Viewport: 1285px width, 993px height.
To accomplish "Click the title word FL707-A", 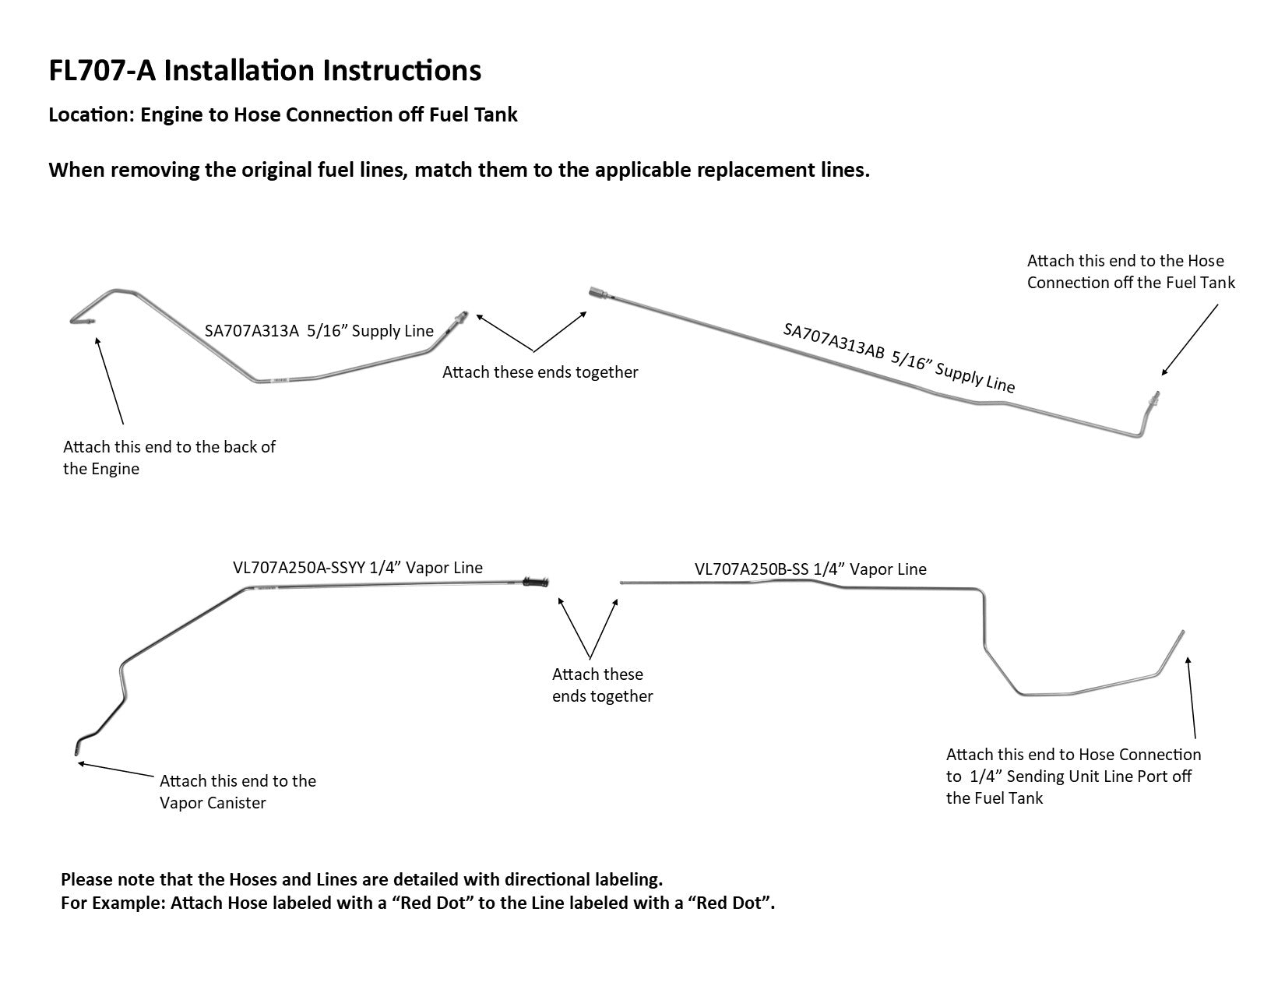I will [x=102, y=71].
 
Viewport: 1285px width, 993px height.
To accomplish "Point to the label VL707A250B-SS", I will [x=751, y=569].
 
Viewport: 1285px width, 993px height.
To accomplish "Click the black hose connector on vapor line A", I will [x=537, y=582].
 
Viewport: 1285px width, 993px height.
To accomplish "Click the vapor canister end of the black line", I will [x=76, y=749].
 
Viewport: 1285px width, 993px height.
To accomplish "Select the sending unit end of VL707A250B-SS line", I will [x=1181, y=633].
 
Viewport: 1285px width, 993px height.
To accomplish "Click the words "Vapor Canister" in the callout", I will [x=213, y=803].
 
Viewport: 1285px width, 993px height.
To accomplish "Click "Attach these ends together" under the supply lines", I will [x=540, y=372].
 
